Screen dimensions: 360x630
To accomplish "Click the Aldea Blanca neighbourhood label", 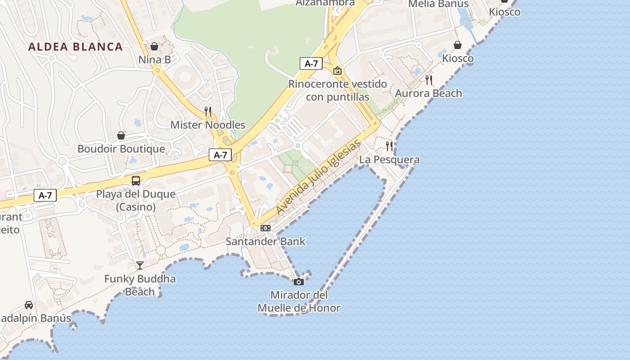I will (75, 47).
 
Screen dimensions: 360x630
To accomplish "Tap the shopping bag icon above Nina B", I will (154, 46).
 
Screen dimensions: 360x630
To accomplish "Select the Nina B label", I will (154, 59).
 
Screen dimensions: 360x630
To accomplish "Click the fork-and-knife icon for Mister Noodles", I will (208, 111).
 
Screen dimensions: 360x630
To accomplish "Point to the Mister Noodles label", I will (208, 125).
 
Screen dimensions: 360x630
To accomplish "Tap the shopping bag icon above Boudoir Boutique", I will (121, 135).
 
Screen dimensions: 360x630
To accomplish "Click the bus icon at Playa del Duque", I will (136, 181).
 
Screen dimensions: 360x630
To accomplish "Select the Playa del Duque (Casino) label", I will (136, 201).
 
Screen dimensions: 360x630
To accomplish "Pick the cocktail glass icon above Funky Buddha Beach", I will (140, 265).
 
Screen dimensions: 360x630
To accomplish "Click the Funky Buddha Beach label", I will (140, 285).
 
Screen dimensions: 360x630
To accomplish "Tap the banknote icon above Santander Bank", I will (265, 228).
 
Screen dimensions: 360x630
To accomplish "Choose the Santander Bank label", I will (265, 241).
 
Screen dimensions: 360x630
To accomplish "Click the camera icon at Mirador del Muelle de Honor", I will (299, 282).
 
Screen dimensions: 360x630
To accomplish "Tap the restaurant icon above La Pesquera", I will (389, 146).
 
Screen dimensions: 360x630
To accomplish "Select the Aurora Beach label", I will (428, 93).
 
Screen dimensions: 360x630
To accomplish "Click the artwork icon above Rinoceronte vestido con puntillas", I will (337, 71).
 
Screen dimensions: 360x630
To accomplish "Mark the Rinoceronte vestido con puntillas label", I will (337, 90).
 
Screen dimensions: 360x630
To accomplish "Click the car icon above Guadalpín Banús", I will (29, 305).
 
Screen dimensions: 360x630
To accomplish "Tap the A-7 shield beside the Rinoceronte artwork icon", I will (311, 63).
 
